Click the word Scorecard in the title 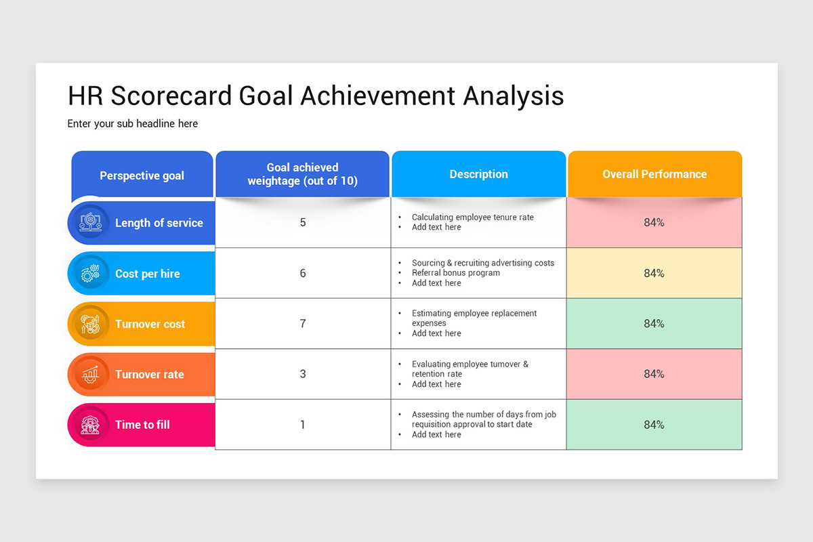(171, 96)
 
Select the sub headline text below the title (133, 124)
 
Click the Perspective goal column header (142, 175)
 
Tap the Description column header (479, 174)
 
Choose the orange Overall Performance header (654, 174)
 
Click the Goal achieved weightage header (302, 174)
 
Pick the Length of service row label (159, 223)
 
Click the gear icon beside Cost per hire (90, 273)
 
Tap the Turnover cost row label (150, 324)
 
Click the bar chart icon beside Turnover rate (90, 374)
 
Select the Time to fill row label (142, 425)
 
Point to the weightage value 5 (303, 222)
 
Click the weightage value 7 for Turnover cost (303, 323)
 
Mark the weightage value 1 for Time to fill (303, 425)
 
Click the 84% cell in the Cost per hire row (654, 273)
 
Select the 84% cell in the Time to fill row (654, 425)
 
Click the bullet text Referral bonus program (455, 273)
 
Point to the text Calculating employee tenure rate (473, 217)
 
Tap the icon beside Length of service (90, 222)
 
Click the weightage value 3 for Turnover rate (303, 374)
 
